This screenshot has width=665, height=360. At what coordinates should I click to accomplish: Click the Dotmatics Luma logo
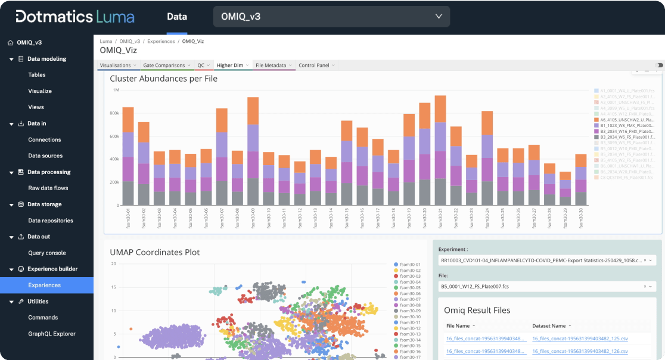[75, 17]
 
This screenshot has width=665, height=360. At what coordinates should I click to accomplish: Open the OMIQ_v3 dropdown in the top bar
[331, 17]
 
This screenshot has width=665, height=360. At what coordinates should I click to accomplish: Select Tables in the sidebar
[37, 75]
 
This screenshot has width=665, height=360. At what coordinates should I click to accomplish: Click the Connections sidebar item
[45, 139]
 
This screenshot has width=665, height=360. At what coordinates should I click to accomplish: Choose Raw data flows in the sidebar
[48, 188]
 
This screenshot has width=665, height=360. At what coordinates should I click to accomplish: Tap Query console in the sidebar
[47, 253]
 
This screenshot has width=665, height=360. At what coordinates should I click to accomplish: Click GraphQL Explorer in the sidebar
[52, 334]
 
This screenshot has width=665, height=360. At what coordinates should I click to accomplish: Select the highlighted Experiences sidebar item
[45, 285]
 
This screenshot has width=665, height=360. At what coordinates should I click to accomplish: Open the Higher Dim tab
[230, 65]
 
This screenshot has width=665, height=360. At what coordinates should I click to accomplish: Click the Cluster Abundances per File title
[163, 79]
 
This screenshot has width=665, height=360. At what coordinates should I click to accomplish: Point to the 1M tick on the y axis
[116, 90]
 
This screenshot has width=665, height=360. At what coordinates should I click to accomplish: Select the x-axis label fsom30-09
[253, 218]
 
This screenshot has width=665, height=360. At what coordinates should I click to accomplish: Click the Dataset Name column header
[551, 326]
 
